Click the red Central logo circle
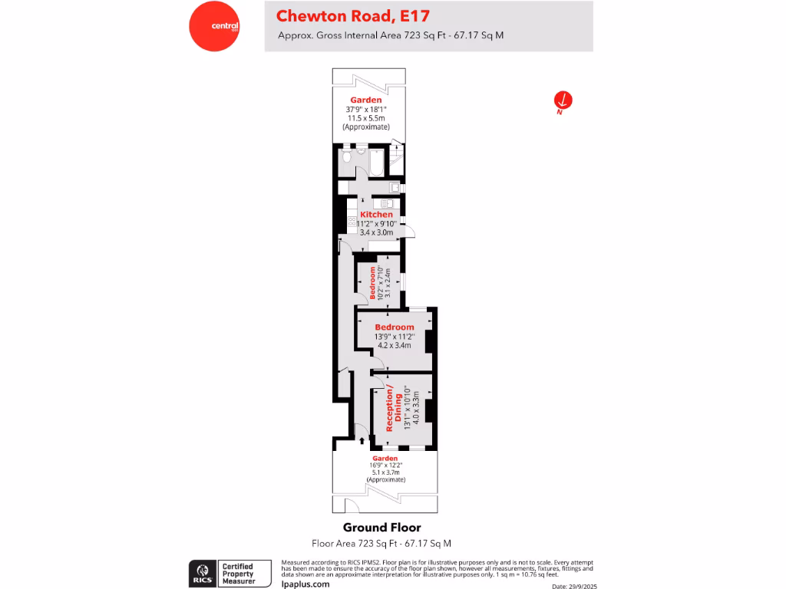(x=214, y=26)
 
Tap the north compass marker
(x=563, y=100)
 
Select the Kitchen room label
(x=376, y=215)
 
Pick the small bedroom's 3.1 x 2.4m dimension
(x=388, y=282)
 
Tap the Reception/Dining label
(x=392, y=410)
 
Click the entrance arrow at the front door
(x=362, y=441)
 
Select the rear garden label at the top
(x=366, y=100)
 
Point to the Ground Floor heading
(x=381, y=528)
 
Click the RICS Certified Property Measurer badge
(x=231, y=574)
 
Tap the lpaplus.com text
(x=305, y=584)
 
